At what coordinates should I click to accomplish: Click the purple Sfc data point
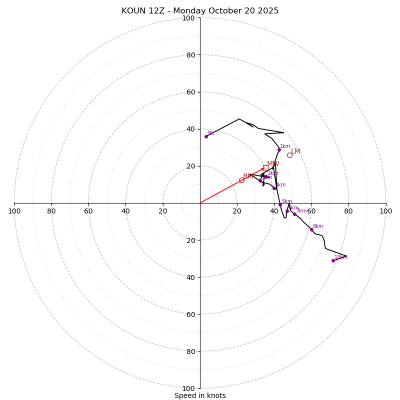[206, 136]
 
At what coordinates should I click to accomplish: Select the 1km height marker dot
[279, 149]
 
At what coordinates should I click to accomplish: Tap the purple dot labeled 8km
[311, 229]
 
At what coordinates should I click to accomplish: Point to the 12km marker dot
[333, 260]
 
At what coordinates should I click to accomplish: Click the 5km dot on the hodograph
[280, 204]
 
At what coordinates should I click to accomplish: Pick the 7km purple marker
[294, 214]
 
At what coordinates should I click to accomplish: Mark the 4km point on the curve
[274, 188]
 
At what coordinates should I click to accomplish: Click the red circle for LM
[289, 155]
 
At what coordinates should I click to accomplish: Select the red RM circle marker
[241, 180]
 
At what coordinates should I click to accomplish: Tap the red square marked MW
[265, 167]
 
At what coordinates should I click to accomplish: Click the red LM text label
[295, 151]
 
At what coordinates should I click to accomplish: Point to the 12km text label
[341, 257]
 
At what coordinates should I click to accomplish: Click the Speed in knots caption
[200, 395]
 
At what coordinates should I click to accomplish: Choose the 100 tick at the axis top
[188, 18]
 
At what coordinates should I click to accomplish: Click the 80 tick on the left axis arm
[51, 211]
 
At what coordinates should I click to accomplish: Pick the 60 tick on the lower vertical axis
[188, 314]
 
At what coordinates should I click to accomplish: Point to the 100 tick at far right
[385, 211]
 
